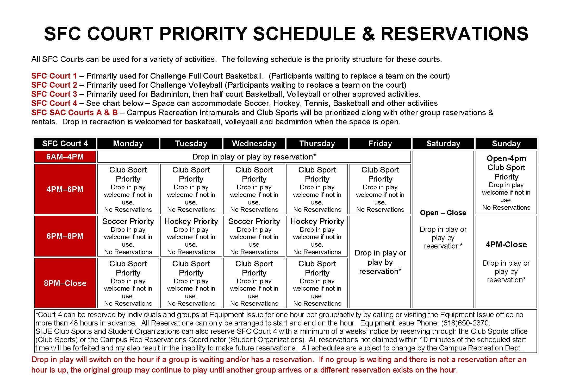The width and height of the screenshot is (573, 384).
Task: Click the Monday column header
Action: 128,144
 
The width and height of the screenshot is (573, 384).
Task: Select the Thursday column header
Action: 317,144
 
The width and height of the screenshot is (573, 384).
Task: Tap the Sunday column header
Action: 506,144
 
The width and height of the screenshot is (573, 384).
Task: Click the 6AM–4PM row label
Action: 65,157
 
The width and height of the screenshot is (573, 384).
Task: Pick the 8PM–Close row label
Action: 65,283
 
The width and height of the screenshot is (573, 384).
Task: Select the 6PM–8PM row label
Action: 65,236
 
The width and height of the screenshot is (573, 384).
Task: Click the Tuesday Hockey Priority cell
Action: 191,236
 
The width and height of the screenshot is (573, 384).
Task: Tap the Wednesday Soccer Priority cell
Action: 254,236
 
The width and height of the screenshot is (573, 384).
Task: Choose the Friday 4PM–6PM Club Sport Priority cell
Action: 380,189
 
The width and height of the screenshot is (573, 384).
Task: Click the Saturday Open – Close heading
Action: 443,213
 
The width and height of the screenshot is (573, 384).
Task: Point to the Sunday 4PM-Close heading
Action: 506,245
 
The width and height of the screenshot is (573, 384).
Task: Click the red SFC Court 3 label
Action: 54,94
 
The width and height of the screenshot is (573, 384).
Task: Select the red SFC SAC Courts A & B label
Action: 74,113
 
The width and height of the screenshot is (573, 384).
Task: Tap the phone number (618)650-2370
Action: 465,323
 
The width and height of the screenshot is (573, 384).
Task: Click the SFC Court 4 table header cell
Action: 65,144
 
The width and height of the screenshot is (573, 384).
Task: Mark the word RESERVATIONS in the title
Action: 454,34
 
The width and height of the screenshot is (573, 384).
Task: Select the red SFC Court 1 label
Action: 54,76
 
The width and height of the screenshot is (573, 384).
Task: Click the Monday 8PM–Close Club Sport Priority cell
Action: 128,283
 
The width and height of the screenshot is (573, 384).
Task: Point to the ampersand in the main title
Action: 368,34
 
